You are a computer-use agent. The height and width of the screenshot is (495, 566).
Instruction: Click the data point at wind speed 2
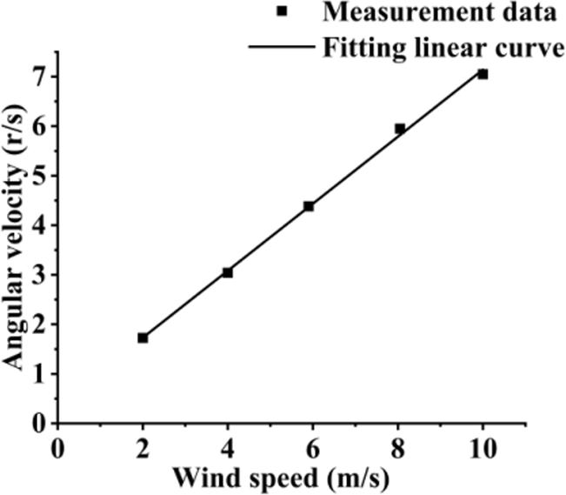tap(143, 338)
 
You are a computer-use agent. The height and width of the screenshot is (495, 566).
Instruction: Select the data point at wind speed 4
tap(228, 272)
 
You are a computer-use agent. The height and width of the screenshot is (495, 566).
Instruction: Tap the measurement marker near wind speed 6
tap(309, 206)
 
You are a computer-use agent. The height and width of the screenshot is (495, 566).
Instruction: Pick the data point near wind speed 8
tap(400, 129)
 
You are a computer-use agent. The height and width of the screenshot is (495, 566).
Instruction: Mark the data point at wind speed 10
tap(483, 74)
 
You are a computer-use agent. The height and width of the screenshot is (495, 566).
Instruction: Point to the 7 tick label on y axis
tap(37, 77)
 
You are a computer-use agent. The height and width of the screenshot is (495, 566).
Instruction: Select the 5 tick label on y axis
tap(37, 176)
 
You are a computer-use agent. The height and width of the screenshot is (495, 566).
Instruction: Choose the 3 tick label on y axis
tap(37, 275)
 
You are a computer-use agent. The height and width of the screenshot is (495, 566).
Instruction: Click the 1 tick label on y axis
tap(37, 374)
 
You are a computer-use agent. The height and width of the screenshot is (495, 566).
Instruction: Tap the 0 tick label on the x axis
tap(57, 448)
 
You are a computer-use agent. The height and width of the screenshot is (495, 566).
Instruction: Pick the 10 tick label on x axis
tap(483, 448)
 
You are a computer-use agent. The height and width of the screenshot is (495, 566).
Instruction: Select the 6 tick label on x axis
tap(313, 448)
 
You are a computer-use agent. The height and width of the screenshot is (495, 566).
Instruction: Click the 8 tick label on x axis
tap(398, 448)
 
